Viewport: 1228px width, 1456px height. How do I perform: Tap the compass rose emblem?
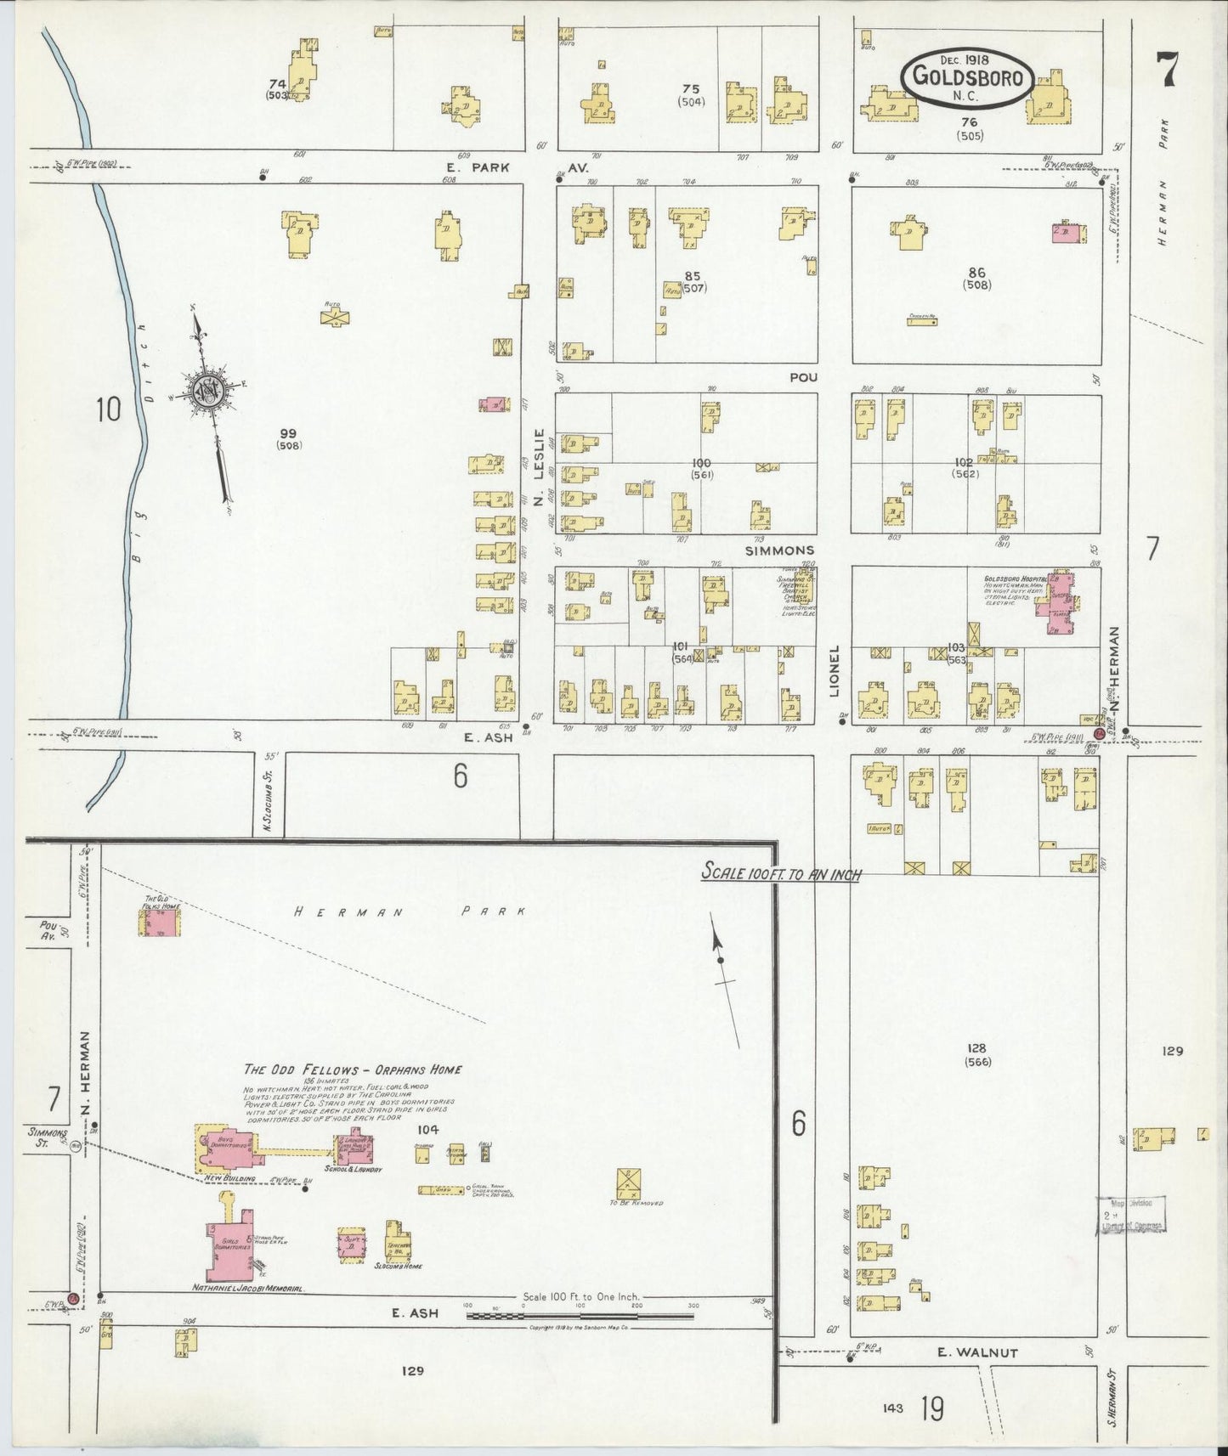pyautogui.click(x=207, y=391)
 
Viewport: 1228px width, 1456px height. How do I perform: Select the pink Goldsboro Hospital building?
pyautogui.click(x=1059, y=603)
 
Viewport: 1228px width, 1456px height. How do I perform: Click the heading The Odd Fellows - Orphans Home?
pyautogui.click(x=353, y=1069)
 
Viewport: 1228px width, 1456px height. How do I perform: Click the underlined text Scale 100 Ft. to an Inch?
pyautogui.click(x=780, y=872)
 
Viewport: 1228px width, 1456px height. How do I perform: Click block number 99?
pyautogui.click(x=288, y=433)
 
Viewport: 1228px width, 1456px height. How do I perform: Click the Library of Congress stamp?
pyautogui.click(x=1130, y=1214)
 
